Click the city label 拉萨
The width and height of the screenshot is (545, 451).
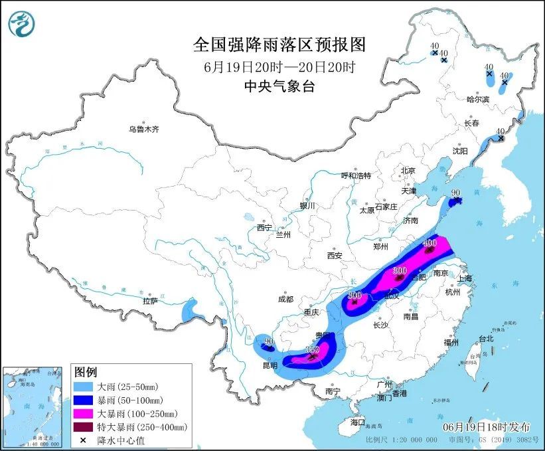[x=149, y=301]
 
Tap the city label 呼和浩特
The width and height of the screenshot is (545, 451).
[x=356, y=175]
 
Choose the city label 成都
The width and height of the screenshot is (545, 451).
[x=287, y=299]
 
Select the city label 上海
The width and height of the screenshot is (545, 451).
[x=464, y=278]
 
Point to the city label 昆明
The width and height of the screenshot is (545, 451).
[x=270, y=366]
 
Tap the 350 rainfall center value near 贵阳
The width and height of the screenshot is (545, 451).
[x=312, y=349]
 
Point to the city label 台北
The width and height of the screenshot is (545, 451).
[x=486, y=339]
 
